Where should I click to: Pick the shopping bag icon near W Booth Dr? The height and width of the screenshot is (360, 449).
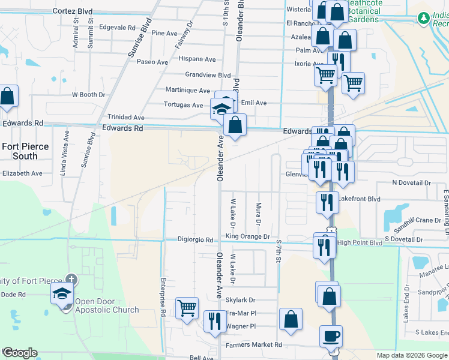click(x=7, y=97)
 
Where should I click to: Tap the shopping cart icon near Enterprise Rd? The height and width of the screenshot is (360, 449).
click(x=187, y=308)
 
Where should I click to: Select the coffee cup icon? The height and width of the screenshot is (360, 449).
click(x=331, y=336)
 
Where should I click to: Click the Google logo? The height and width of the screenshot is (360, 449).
click(x=19, y=353)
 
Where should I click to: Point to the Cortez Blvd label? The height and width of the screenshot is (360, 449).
click(x=73, y=11)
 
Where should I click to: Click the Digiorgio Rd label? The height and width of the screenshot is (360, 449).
click(x=196, y=239)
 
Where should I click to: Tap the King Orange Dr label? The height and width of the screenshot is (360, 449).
click(x=248, y=237)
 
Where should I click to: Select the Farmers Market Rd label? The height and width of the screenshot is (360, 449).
click(x=254, y=345)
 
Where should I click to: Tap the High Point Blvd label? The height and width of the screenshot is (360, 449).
click(x=360, y=242)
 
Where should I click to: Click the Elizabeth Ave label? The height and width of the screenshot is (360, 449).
click(x=22, y=173)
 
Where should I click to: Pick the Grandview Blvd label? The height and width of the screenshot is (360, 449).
click(x=208, y=76)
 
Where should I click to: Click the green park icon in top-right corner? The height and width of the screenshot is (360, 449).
click(x=424, y=19)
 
